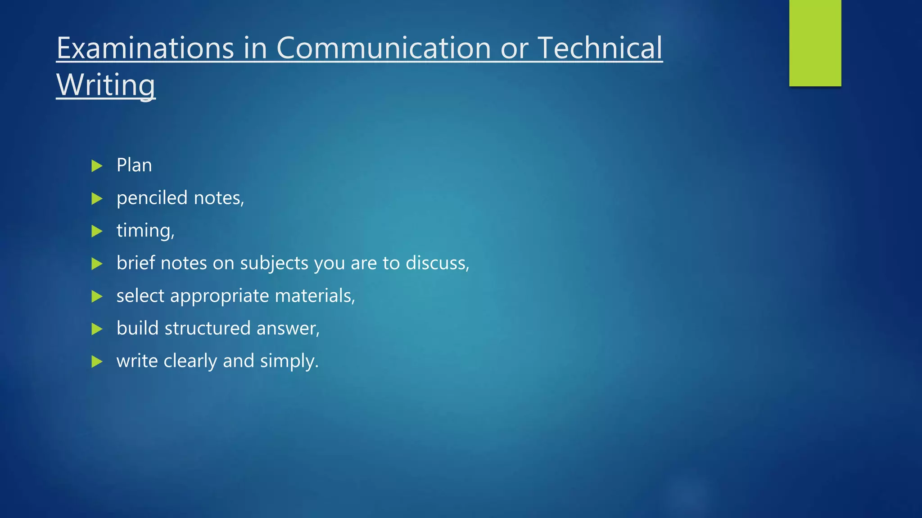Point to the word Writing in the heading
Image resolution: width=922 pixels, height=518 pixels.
[106, 85]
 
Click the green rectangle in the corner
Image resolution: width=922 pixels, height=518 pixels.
[815, 43]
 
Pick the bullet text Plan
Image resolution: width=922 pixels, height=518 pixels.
[134, 165]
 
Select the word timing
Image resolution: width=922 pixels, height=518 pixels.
[144, 231]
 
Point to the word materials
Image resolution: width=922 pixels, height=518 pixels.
[314, 296]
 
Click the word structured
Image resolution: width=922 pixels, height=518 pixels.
[208, 329]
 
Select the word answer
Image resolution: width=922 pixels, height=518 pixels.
[287, 329]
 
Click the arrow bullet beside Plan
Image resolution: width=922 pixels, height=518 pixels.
[97, 166]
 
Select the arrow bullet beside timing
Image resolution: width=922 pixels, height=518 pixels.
[97, 231]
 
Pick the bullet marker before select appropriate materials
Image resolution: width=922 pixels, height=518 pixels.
[97, 296]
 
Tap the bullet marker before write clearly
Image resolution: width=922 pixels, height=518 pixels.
[97, 362]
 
